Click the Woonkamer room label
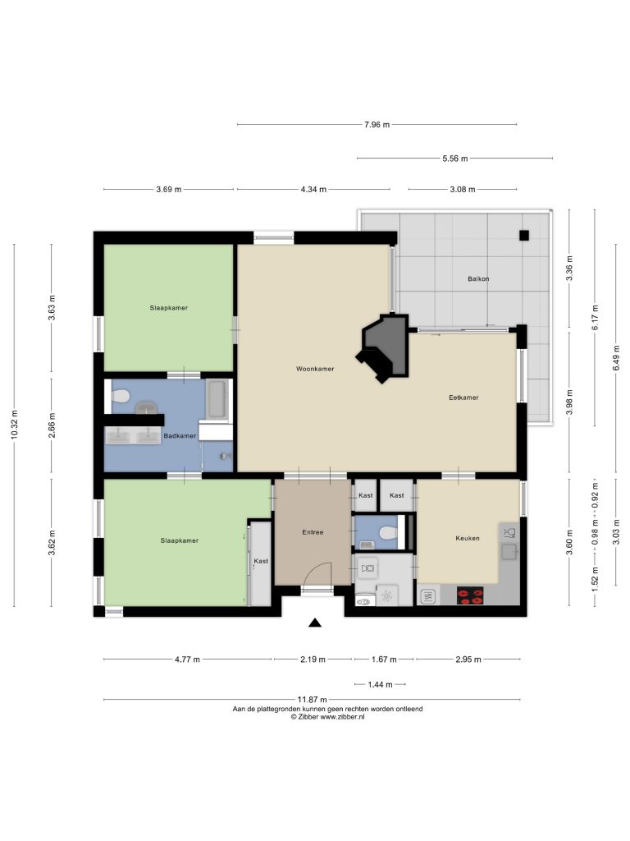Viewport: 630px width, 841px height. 315,369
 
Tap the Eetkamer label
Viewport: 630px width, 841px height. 463,398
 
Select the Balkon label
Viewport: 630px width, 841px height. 478,279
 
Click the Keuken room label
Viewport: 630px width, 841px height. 467,538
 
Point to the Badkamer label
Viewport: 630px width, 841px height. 180,435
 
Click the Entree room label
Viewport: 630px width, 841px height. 313,532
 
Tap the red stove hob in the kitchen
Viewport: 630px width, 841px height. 470,595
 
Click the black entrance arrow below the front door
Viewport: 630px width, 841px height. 315,623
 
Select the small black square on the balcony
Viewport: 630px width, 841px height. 524,235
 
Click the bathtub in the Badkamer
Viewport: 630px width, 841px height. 217,399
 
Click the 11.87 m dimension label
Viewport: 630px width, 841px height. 312,700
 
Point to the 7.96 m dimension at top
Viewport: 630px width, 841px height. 377,125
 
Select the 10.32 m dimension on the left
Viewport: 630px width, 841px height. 15,425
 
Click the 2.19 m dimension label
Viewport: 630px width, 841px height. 313,659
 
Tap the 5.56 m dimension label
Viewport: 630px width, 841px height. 454,159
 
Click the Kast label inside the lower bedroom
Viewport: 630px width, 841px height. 261,561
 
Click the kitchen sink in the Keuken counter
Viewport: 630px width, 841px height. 509,551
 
